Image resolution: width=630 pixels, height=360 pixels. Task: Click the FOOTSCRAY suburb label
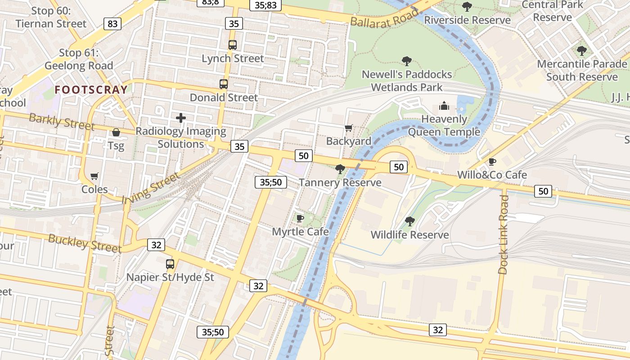pos(91,90)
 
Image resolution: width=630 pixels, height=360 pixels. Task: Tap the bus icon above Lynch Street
pos(232,45)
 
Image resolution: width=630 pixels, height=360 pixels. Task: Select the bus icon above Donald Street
pos(224,84)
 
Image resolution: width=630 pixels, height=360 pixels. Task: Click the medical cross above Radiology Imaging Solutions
pos(181,118)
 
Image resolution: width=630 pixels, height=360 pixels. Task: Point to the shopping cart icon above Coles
pos(94,176)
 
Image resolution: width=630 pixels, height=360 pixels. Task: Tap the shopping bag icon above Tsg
pos(116,132)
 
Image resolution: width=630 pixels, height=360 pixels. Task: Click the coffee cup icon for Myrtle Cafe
pos(300,218)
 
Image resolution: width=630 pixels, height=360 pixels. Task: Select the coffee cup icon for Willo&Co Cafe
pos(492,162)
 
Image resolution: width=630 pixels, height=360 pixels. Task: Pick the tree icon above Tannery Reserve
pos(340,169)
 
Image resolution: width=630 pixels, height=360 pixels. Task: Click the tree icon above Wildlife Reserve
pos(409,221)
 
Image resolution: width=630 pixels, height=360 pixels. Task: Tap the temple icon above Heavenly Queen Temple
pos(444,106)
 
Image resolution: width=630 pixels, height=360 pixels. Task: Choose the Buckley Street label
pos(85,243)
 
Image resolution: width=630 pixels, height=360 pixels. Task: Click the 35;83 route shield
pos(265,5)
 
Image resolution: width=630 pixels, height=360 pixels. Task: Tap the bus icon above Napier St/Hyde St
pos(170,264)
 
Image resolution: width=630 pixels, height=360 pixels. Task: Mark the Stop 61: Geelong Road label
pos(79,59)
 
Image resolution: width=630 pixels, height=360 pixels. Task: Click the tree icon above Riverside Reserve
pos(467,7)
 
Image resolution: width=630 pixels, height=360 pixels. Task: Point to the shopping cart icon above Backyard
pos(349,128)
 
